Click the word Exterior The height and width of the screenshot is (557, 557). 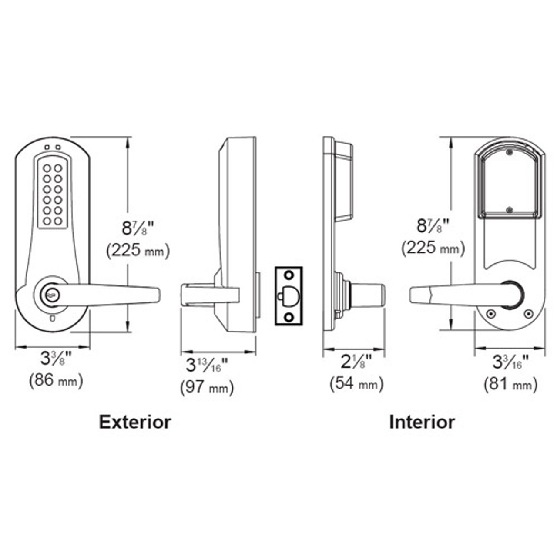[135, 422]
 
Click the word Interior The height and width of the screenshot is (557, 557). [422, 422]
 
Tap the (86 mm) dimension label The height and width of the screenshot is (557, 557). [56, 381]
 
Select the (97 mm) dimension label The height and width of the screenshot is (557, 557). [207, 387]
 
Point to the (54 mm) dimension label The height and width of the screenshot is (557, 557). [356, 384]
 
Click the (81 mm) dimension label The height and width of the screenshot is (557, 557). [510, 385]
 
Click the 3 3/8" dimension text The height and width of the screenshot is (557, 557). [56, 359]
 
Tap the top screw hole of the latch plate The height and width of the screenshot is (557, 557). [289, 275]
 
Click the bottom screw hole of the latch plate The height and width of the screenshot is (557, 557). [289, 317]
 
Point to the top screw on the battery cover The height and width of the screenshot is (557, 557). [509, 153]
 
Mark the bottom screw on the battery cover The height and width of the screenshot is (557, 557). [509, 210]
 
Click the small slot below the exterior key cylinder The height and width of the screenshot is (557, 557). [53, 319]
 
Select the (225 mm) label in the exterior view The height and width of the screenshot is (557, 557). [138, 250]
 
